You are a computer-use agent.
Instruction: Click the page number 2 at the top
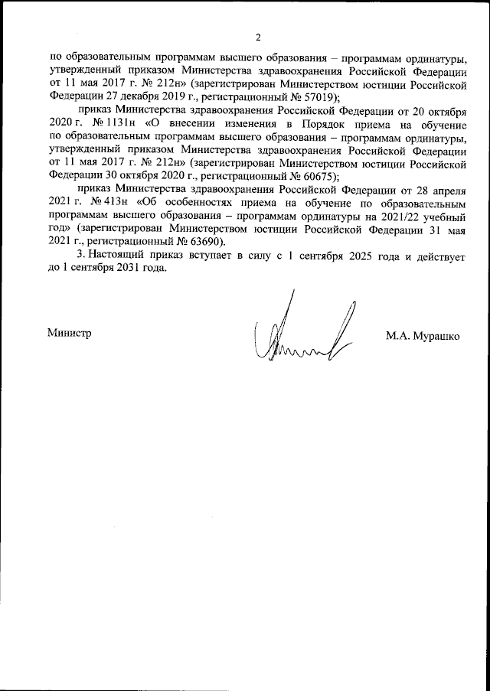[x=258, y=37]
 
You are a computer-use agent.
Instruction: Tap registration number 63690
[x=205, y=240]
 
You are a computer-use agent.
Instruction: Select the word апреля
[x=444, y=187]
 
